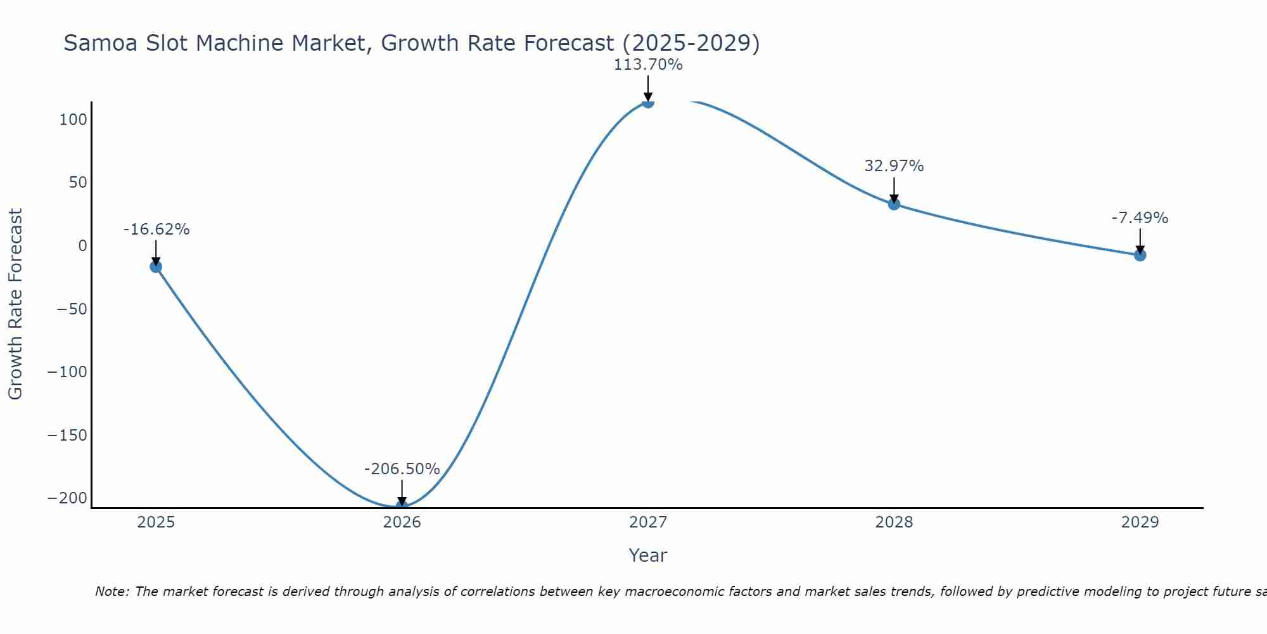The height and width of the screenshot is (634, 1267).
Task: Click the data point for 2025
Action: (156, 267)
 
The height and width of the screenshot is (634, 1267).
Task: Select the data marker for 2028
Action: (894, 204)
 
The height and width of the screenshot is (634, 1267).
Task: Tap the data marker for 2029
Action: (1140, 256)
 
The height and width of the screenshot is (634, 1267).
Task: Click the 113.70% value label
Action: (647, 65)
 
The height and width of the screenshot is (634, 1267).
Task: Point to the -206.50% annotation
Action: (402, 469)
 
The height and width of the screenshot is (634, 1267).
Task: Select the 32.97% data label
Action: (894, 166)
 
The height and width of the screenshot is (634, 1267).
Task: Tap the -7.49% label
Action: (1140, 218)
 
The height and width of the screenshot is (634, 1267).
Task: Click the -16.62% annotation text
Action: (156, 230)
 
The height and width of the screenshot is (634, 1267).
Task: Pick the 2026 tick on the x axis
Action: (402, 522)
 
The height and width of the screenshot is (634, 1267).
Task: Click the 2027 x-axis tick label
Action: (647, 522)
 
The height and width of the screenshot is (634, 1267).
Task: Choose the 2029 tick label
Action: (1140, 522)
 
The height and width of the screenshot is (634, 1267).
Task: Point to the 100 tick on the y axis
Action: (73, 120)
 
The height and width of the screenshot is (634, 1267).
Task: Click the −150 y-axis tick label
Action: (67, 436)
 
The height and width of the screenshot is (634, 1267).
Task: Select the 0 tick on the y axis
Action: (82, 246)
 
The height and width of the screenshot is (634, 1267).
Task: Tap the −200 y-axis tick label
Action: (67, 498)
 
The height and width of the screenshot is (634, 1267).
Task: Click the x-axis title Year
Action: (647, 556)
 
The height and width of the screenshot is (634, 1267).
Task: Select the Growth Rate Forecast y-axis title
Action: (15, 304)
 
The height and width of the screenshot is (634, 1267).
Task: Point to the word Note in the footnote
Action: (111, 592)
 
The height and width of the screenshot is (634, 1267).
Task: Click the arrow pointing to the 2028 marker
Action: (894, 190)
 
